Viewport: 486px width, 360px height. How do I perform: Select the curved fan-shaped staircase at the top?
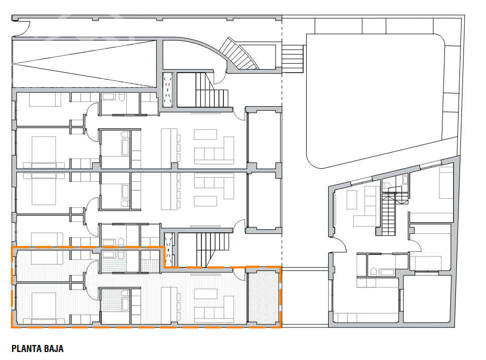click(x=239, y=54)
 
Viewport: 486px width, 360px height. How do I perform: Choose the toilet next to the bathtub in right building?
click(x=373, y=272)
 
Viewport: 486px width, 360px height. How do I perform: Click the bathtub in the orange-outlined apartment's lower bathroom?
click(x=125, y=300)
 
